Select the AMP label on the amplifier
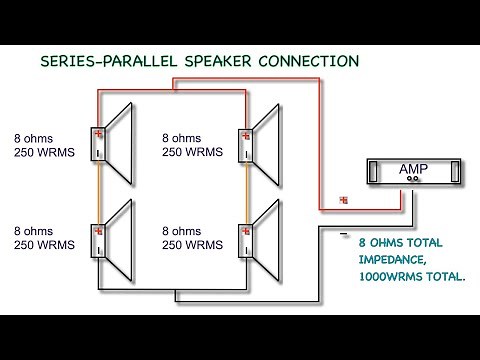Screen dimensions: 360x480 click(x=410, y=170)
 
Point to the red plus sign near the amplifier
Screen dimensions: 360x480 click(x=344, y=200)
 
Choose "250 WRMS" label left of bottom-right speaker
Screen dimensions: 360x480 click(x=192, y=244)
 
